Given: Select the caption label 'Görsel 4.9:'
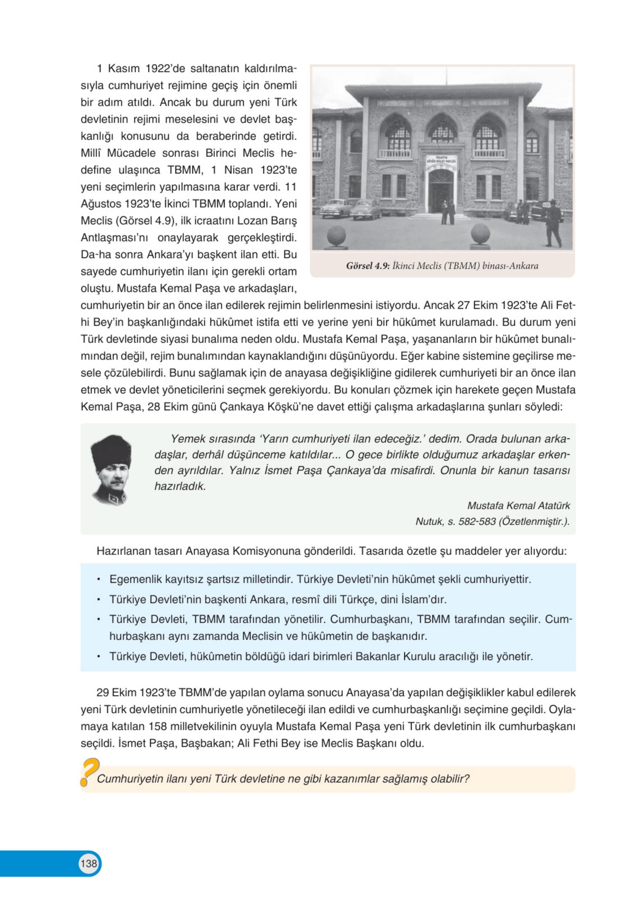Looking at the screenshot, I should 368,265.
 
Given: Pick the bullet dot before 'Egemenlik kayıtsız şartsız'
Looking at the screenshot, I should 98,580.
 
